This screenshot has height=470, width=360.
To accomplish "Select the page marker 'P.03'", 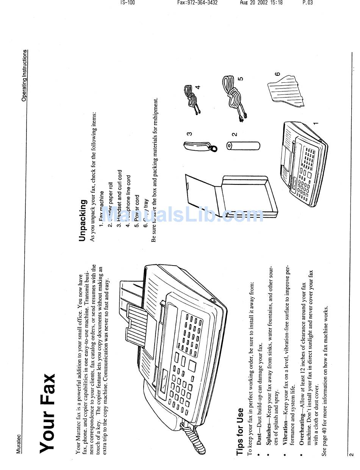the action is click(307, 3).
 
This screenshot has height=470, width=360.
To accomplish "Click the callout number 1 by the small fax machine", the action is click(315, 123).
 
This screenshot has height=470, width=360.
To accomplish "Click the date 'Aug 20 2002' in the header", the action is click(251, 3).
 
